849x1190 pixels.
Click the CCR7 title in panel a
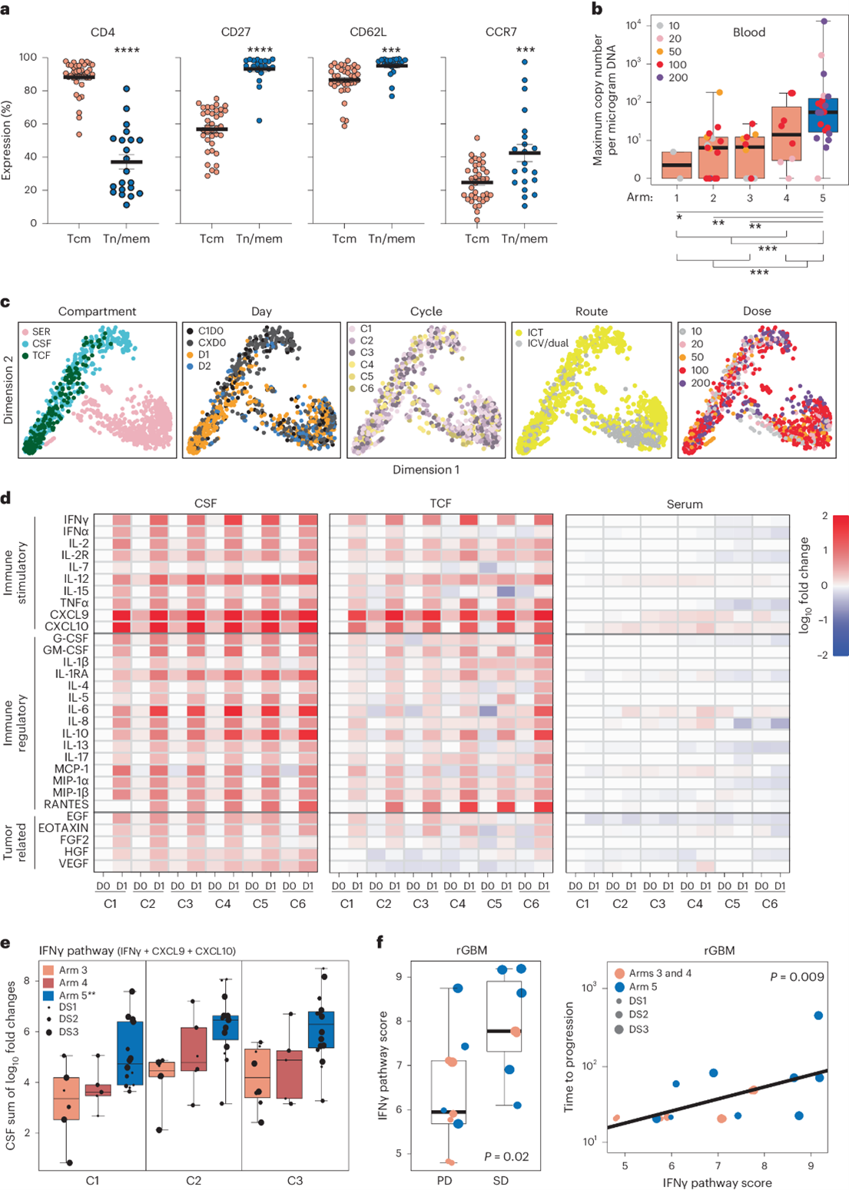pos(500,32)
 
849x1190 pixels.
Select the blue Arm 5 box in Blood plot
pos(823,115)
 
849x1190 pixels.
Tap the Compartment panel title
pos(97,311)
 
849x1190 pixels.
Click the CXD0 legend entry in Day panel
pos(212,344)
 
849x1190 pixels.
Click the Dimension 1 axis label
pos(426,470)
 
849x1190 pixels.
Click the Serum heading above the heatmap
pos(685,504)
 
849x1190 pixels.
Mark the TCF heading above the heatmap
pos(440,504)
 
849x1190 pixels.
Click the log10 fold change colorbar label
pos(804,585)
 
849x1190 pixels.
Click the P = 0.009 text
pos(797,977)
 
